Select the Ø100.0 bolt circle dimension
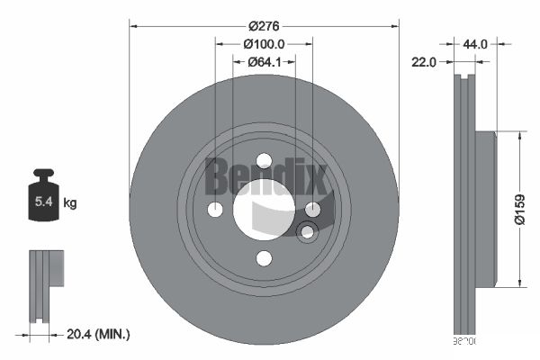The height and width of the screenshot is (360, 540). pos(264,43)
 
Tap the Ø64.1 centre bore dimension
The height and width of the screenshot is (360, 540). pos(264,61)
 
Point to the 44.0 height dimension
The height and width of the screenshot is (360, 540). pos(476,43)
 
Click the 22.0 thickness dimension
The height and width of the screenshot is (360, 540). pos(425,61)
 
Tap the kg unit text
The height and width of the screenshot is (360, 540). pos(70,203)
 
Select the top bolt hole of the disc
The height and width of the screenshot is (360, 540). pos(264,161)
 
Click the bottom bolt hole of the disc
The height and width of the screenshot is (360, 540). pos(264,258)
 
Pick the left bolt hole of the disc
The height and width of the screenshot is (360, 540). pos(215,210)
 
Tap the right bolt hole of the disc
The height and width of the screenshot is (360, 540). pos(312,210)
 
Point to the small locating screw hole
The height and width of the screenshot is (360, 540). pos(307,233)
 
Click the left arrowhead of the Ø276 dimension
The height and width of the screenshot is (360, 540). pos(133,24)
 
